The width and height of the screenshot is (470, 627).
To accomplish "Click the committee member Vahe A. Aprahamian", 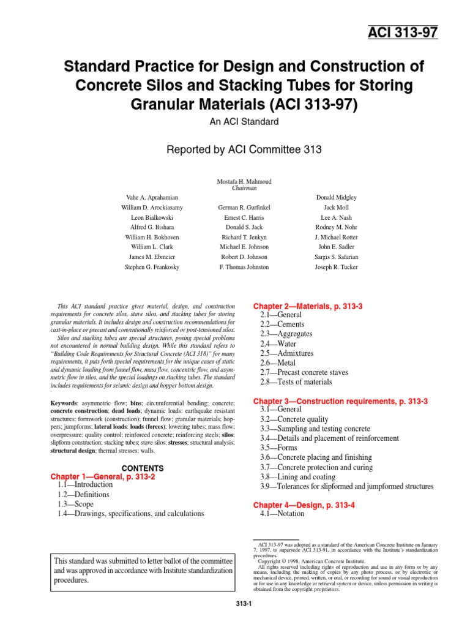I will tap(152, 198).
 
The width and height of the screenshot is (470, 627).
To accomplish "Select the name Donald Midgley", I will tap(336, 198).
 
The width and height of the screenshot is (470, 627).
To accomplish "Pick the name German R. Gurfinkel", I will tap(244, 208).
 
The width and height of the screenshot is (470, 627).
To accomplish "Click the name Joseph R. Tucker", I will tap(336, 267).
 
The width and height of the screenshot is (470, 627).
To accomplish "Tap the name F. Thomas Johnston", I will tap(244, 267).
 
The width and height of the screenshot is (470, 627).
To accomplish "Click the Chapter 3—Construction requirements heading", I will tap(340, 400).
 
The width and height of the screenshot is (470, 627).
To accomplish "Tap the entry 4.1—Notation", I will tap(282, 514).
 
